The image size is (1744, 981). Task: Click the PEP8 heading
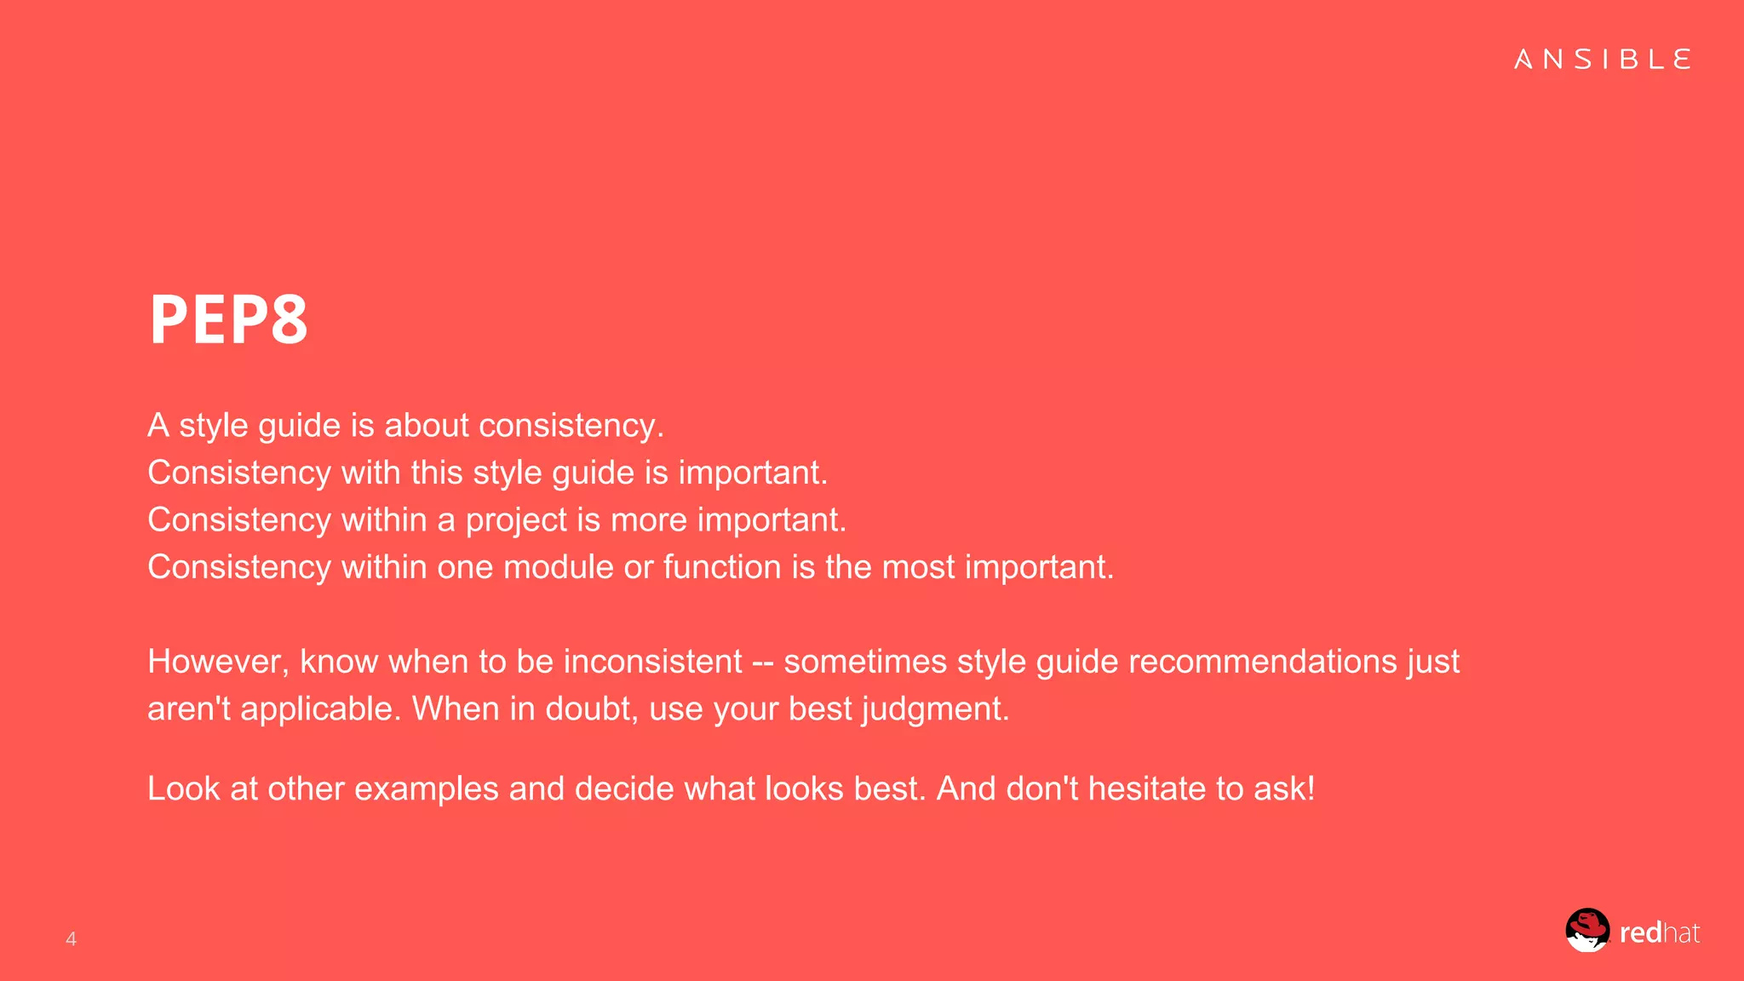tap(228, 319)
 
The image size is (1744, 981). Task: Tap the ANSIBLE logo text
tap(1602, 60)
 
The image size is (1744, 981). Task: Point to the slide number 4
tap(72, 938)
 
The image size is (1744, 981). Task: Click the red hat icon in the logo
tap(1587, 930)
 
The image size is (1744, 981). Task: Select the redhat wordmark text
tap(1659, 933)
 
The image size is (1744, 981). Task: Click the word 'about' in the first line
tap(427, 425)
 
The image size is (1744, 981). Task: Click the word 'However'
tap(218, 662)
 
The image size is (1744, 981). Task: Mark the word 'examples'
tap(426, 789)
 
